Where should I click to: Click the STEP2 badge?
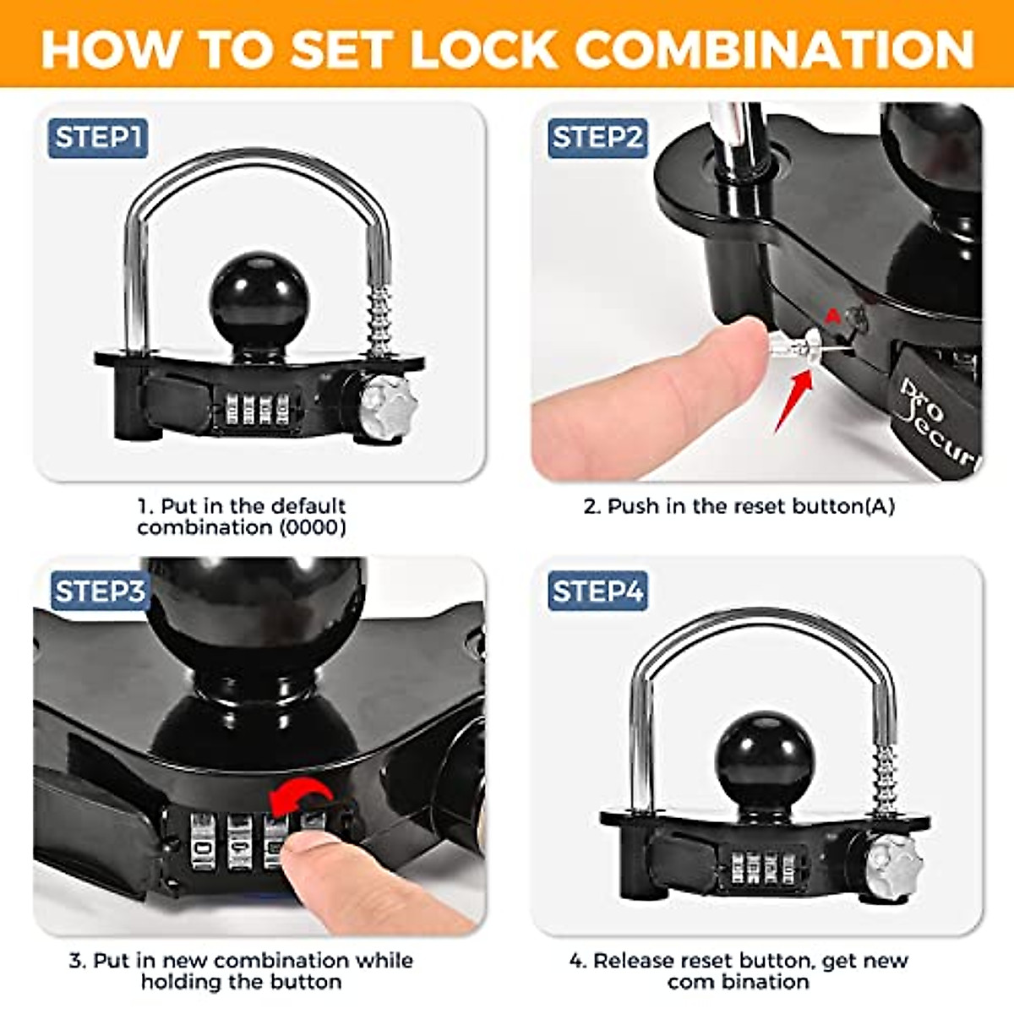pyautogui.click(x=597, y=137)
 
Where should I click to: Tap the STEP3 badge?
pyautogui.click(x=100, y=591)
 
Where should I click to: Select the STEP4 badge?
pyautogui.click(x=597, y=591)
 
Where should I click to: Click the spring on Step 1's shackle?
pyautogui.click(x=379, y=320)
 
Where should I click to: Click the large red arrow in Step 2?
pyautogui.click(x=794, y=397)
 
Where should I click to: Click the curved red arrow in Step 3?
pyautogui.click(x=300, y=799)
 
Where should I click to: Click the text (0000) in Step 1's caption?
pyautogui.click(x=313, y=528)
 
